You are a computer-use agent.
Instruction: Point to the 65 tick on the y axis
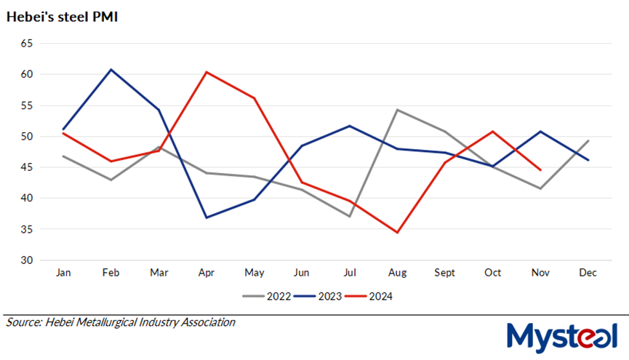pos(27,44)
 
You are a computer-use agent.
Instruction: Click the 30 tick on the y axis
pos(27,260)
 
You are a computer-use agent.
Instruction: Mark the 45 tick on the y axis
pos(27,167)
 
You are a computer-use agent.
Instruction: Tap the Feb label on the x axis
pos(111,273)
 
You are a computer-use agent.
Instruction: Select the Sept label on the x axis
pos(445,273)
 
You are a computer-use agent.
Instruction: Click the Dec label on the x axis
pos(588,273)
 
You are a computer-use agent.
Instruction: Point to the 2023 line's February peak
pos(111,70)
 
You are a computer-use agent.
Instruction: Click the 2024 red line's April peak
pos(207,72)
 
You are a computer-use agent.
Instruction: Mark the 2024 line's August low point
pos(397,233)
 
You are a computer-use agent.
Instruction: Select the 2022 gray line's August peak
pos(397,110)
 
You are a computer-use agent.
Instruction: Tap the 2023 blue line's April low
pos(207,217)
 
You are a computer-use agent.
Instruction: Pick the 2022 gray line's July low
pos(350,216)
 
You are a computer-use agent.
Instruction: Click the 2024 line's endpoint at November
pos(540,170)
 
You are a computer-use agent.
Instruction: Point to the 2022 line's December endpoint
pos(588,140)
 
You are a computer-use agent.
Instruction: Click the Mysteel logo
pos(561,336)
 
